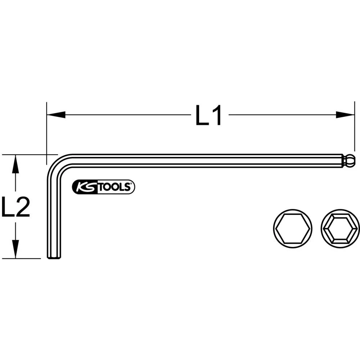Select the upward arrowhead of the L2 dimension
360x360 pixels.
(x=15, y=164)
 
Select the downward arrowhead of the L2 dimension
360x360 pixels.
(x=15, y=249)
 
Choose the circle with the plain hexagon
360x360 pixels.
(x=293, y=228)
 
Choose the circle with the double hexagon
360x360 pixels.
(x=340, y=228)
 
